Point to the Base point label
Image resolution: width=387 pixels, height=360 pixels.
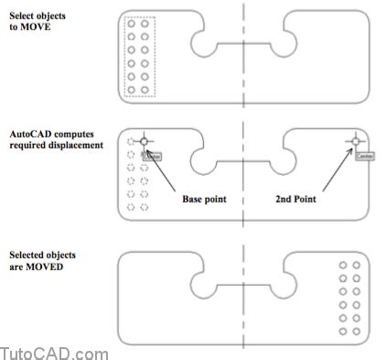204,198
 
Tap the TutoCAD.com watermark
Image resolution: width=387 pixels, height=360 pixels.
54,352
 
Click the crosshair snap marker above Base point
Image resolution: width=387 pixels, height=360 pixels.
145,141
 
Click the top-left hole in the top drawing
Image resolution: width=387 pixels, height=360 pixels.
133,25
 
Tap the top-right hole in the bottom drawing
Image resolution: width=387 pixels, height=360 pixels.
357,266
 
